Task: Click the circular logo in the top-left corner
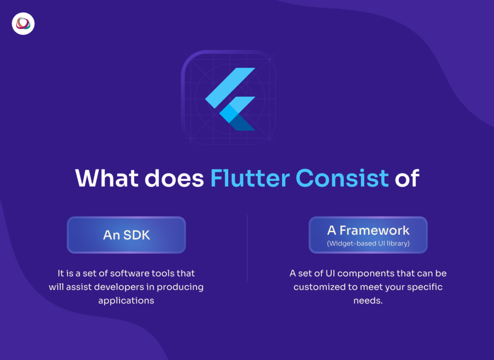click(x=23, y=24)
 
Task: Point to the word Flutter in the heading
click(x=249, y=178)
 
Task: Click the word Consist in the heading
click(x=342, y=178)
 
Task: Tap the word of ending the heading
click(x=407, y=178)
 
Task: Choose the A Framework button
click(x=368, y=235)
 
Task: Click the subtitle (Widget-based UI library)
click(x=368, y=243)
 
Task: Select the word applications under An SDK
click(x=126, y=300)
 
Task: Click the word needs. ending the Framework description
click(x=368, y=300)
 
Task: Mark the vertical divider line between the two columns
click(x=247, y=248)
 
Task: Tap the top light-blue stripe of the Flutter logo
click(x=230, y=87)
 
